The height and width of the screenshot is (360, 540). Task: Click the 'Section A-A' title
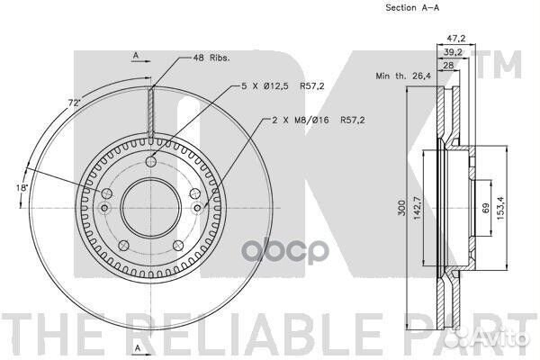tap(412, 7)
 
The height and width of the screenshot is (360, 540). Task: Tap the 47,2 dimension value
tap(456, 38)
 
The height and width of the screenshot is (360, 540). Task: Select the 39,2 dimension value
tap(453, 52)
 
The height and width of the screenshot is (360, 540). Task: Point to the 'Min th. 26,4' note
tap(403, 76)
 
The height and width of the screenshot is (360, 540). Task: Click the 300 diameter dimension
tap(401, 208)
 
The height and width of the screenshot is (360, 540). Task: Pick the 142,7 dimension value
tap(417, 208)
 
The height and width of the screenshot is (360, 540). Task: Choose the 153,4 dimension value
tap(500, 208)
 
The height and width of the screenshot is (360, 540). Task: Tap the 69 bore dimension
tap(486, 208)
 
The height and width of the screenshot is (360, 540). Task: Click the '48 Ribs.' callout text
tap(211, 58)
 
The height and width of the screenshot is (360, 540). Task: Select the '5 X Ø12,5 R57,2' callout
tap(283, 85)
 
